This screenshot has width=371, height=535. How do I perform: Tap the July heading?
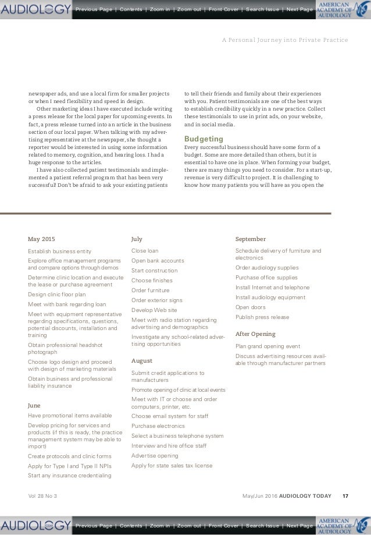(137, 239)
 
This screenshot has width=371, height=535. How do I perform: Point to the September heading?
(250, 239)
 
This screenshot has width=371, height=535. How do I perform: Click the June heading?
(34, 404)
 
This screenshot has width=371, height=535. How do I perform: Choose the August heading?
(141, 360)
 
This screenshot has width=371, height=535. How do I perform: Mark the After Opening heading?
(255, 334)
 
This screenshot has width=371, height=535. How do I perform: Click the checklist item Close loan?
(145, 250)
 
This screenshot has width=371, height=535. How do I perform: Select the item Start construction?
(154, 271)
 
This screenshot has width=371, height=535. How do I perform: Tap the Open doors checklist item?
(251, 307)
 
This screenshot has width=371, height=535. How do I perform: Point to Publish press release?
(261, 317)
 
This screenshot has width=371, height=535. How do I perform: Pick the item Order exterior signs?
(156, 300)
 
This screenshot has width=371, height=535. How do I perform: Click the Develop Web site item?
(154, 310)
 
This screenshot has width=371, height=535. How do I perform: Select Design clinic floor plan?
(56, 295)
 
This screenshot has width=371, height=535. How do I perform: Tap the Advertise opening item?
(155, 455)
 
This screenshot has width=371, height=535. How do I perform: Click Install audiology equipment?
(270, 297)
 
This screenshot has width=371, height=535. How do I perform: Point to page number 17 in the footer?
(345, 495)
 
